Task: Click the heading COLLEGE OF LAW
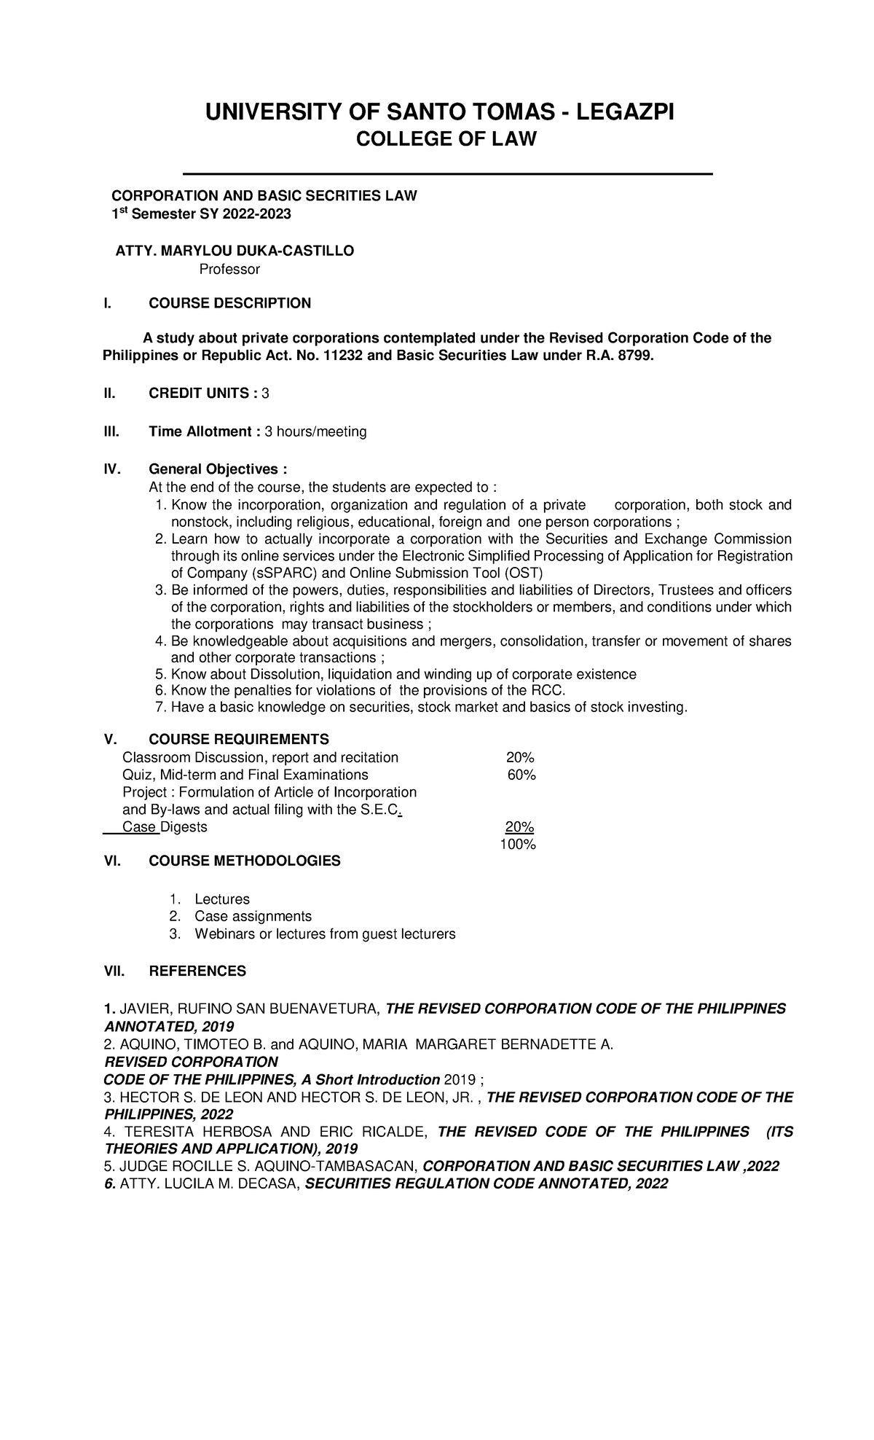tap(445, 138)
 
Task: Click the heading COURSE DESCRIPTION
tap(229, 303)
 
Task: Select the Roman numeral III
tap(110, 432)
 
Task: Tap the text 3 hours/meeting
tap(315, 432)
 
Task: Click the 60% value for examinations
tap(521, 775)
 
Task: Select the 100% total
tap(517, 845)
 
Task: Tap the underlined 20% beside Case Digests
tap(520, 827)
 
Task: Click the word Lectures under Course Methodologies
tap(222, 899)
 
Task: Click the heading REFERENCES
tap(197, 971)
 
